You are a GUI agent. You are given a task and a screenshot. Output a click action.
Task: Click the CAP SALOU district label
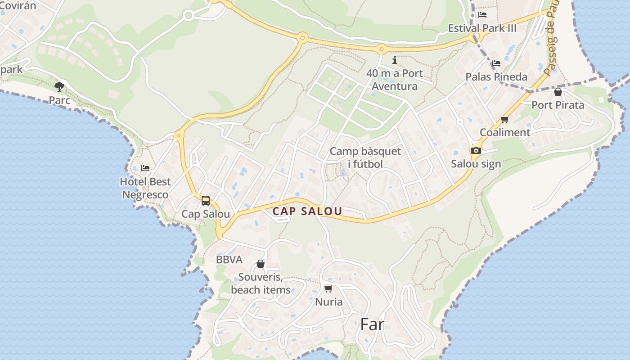tap(307, 211)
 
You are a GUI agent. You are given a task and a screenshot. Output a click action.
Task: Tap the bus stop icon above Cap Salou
tap(206, 201)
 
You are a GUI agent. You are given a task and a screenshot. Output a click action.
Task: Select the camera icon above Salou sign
tap(476, 150)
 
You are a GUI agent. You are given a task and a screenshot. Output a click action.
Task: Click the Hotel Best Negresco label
tap(145, 188)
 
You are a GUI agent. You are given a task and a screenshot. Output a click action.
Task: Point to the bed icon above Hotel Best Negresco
tap(145, 168)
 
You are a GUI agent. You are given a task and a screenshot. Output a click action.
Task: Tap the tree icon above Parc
tap(59, 86)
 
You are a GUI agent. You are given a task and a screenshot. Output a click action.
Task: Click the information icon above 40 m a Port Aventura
tap(395, 60)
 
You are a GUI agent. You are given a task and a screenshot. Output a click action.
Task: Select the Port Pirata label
tap(558, 105)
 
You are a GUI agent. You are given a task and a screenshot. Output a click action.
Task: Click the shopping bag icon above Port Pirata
tap(558, 92)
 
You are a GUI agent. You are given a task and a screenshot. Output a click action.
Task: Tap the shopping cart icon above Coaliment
tap(504, 119)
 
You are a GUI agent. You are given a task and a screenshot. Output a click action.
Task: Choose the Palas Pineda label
tap(496, 76)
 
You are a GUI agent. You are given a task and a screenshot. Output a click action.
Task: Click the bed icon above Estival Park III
tap(482, 15)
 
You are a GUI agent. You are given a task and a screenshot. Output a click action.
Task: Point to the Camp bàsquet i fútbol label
tap(365, 157)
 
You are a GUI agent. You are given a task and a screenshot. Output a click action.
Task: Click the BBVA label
tap(229, 259)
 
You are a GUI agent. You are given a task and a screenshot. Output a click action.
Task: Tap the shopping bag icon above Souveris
tap(261, 264)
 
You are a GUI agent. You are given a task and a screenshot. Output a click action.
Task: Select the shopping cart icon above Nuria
tap(328, 288)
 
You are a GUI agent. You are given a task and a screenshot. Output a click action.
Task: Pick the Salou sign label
tap(476, 163)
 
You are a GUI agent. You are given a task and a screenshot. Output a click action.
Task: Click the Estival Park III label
tap(482, 28)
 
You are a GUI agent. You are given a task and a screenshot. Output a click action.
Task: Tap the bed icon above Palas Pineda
tap(496, 63)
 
